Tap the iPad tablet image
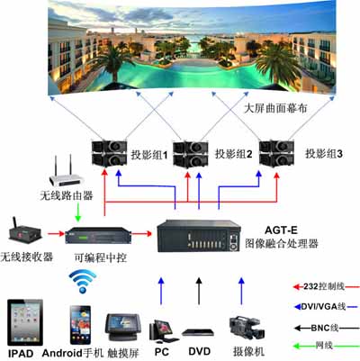click(25, 322)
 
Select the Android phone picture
click(80, 325)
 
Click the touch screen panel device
click(122, 327)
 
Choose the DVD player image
click(198, 332)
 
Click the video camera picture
click(247, 328)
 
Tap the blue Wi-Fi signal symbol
click(83, 281)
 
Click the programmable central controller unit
click(99, 236)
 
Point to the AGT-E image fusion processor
click(198, 237)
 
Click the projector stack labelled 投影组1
click(109, 153)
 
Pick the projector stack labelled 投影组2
click(191, 154)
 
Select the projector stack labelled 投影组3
click(277, 153)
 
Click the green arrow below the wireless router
click(78, 212)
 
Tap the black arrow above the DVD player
click(199, 291)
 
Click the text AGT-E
click(281, 230)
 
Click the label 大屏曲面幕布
click(275, 108)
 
